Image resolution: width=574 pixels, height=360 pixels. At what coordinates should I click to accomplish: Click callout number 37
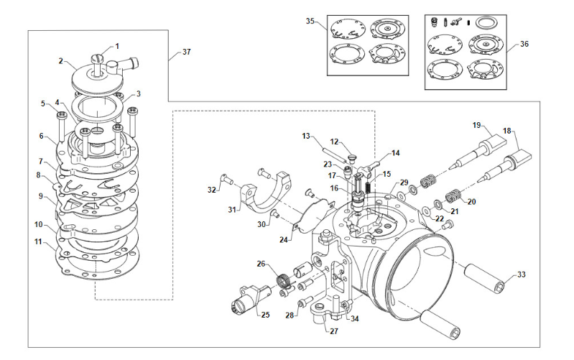coord(186,52)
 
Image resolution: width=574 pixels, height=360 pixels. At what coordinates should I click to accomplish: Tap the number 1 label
coord(117,46)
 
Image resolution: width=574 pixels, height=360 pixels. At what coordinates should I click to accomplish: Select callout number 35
coord(310,22)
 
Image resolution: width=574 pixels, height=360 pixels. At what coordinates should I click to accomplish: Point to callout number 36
coord(524,44)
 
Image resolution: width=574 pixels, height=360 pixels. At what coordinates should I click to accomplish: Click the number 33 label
coord(522,274)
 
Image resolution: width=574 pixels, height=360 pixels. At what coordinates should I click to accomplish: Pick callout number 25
coord(265,315)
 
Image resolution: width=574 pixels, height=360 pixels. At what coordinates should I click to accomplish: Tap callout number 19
coord(476,125)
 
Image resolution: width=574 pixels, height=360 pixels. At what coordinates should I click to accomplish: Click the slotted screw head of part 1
coord(98,58)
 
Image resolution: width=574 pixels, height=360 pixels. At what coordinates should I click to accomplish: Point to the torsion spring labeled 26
coord(284,282)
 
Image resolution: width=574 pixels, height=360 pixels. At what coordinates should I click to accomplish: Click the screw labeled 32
coord(227,179)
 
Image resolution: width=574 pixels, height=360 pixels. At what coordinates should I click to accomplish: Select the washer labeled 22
coord(427,211)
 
